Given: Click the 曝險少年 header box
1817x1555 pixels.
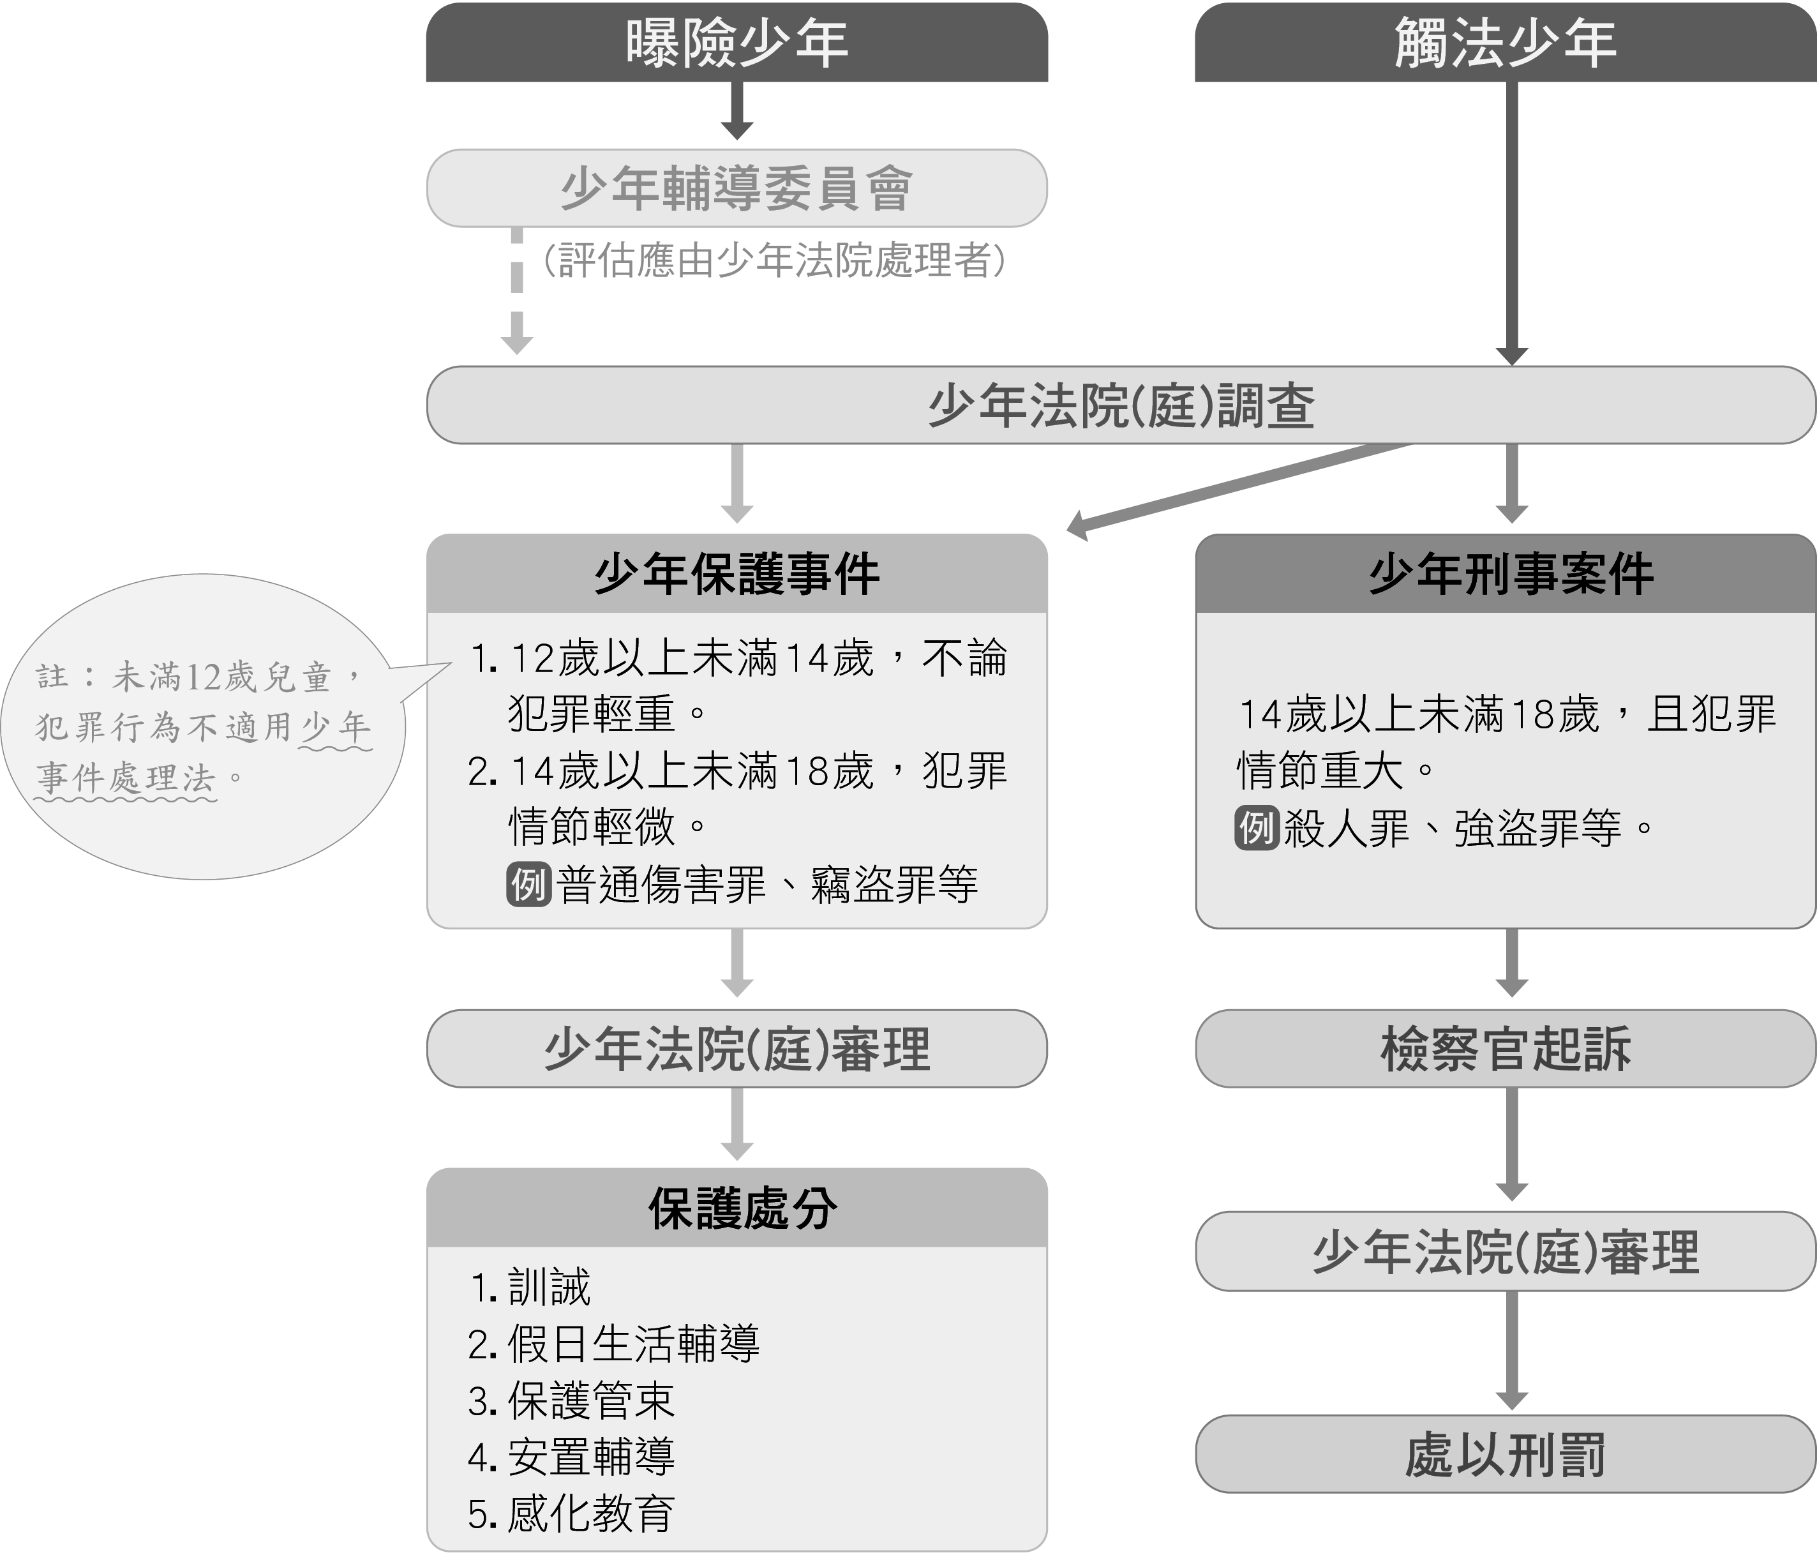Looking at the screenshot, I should (x=737, y=42).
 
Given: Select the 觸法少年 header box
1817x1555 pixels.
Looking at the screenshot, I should (x=1505, y=42).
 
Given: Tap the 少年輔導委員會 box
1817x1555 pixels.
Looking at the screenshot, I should (x=737, y=188).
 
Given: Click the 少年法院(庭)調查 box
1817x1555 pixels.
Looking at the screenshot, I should (x=1121, y=405).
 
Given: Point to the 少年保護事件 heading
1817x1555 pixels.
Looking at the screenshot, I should (x=737, y=574).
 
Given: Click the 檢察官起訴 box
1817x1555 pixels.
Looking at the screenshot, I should (x=1505, y=1049).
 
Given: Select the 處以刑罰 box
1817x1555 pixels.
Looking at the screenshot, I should (x=1505, y=1455).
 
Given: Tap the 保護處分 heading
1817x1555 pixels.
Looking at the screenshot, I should (x=742, y=1208).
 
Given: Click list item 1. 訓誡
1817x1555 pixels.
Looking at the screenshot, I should (x=530, y=1287).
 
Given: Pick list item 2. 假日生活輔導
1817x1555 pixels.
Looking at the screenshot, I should (x=614, y=1344).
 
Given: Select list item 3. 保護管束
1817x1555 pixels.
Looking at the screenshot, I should (x=572, y=1401).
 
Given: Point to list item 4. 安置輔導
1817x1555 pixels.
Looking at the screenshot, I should (x=572, y=1457).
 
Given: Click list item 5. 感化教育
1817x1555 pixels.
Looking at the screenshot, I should (x=572, y=1514).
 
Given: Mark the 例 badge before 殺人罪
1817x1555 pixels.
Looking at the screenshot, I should (x=1257, y=828).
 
